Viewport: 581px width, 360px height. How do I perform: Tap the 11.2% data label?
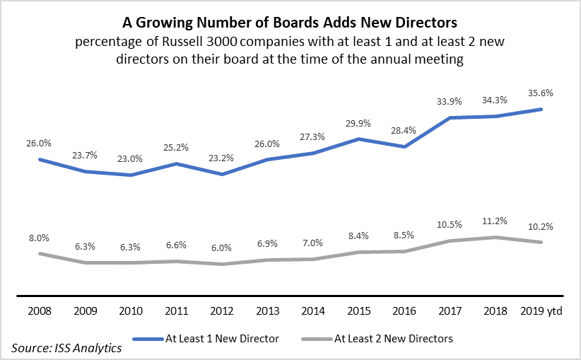pos(497,220)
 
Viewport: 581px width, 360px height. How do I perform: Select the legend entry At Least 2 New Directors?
pos(394,338)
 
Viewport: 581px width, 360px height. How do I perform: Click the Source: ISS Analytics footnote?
pos(66,347)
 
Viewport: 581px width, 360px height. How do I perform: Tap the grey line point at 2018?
pos(495,237)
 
